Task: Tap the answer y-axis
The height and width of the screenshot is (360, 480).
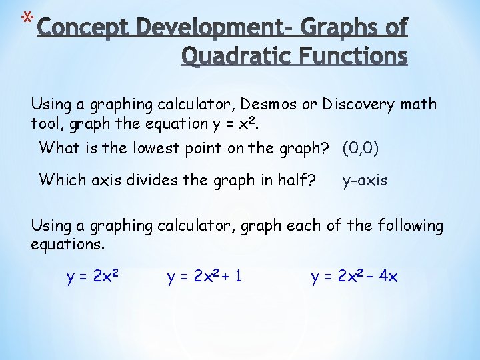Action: [x=364, y=180]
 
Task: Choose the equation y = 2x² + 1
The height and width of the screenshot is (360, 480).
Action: [x=204, y=275]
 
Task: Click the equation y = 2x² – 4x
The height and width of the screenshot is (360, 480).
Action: [x=354, y=275]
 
